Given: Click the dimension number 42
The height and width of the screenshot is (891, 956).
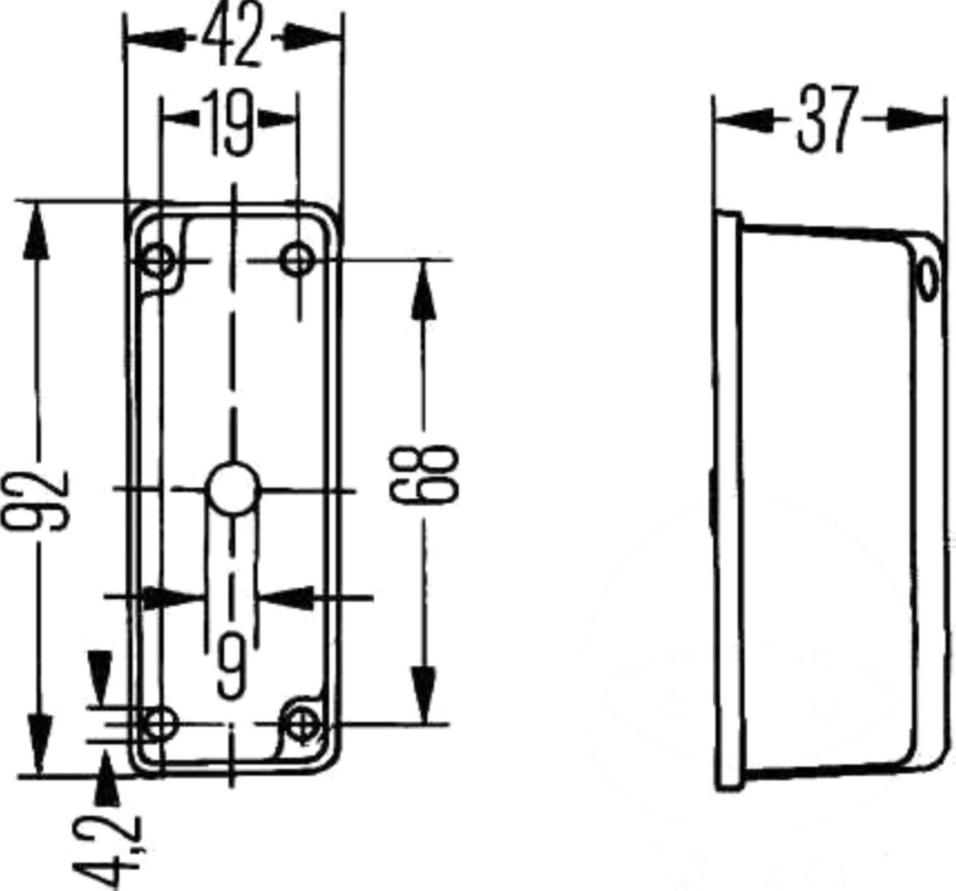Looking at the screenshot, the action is point(231,35).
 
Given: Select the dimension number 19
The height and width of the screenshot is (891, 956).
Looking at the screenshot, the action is point(228,123).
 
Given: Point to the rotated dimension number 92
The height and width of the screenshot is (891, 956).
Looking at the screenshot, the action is point(36,499).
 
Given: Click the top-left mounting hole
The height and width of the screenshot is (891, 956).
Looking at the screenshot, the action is point(159,261).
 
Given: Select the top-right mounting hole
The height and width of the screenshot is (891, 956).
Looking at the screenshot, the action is point(297,260).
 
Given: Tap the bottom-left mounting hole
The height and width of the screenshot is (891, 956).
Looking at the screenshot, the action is point(159,724).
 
